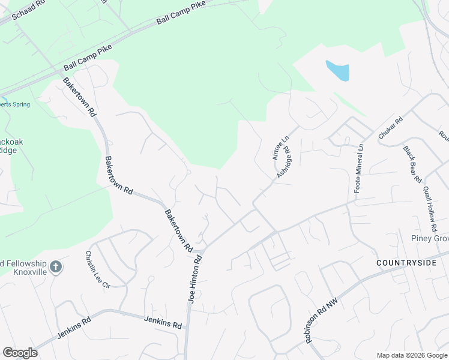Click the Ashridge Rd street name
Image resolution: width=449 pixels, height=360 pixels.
point(284,163)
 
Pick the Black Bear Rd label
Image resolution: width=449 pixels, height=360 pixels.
point(413,164)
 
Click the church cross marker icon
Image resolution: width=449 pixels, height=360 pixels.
point(56,267)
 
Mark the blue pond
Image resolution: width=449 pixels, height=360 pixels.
point(338,71)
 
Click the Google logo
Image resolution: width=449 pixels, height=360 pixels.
point(20,353)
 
